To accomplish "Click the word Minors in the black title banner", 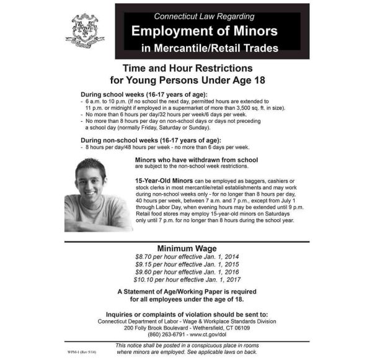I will [x=250, y=30].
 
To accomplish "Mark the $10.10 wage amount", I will [x=147, y=280].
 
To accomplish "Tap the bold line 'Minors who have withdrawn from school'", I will [x=196, y=160].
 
